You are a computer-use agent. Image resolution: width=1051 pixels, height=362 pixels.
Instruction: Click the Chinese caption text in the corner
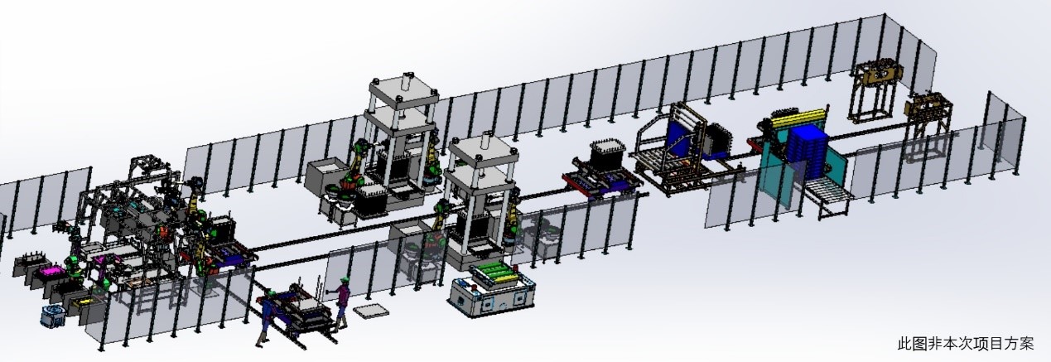pos(966,344)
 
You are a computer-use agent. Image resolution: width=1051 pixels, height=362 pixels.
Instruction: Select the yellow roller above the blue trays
pos(797,118)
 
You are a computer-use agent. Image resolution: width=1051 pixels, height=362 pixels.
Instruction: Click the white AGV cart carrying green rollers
pos(492,292)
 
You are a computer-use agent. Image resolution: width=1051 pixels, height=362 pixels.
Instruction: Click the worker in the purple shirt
pos(343,303)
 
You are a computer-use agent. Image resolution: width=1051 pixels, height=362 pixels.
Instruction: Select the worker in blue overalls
pos(267,317)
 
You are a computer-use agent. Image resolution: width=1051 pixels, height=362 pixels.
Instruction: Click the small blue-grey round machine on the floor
pos(52,316)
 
